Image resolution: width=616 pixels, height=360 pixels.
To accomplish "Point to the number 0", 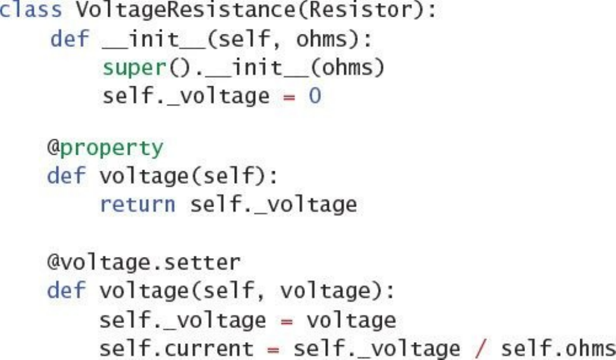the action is tap(315, 96).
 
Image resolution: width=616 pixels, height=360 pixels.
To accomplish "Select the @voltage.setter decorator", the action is tap(143, 261).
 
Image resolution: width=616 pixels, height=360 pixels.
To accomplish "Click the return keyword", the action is tap(137, 205).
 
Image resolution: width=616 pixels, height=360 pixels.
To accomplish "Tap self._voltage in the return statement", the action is tap(273, 205).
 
